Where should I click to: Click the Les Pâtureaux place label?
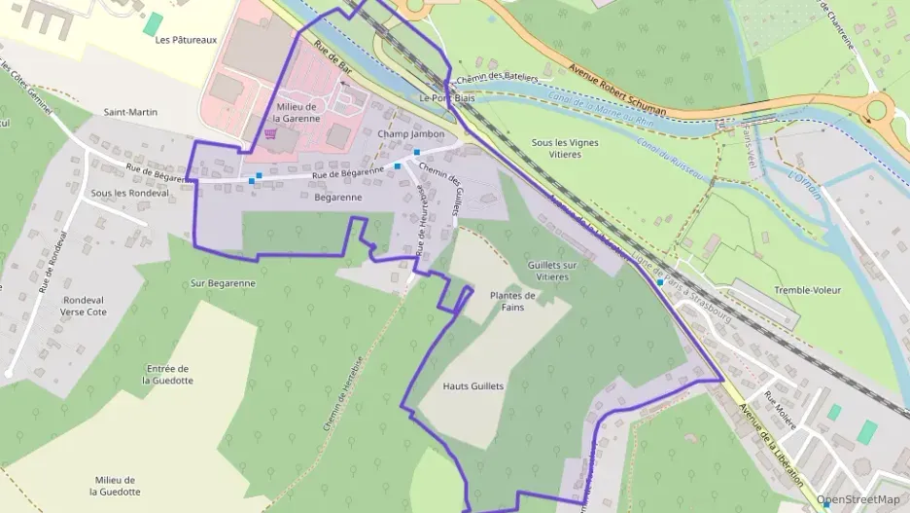click(186, 40)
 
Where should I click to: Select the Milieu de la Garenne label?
click(297, 112)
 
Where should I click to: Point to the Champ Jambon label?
click(410, 133)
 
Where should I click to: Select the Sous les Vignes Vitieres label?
click(565, 148)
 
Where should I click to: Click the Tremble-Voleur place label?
click(807, 290)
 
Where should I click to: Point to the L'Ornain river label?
click(806, 184)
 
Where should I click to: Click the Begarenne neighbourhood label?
click(338, 198)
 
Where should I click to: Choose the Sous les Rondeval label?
click(129, 193)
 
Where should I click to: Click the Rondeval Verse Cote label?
click(84, 306)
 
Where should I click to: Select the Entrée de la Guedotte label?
click(167, 374)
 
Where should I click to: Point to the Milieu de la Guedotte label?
click(115, 486)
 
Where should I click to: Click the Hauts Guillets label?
click(473, 386)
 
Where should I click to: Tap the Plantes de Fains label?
click(512, 302)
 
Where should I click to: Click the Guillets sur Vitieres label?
click(552, 271)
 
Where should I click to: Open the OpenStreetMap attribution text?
click(857, 499)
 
